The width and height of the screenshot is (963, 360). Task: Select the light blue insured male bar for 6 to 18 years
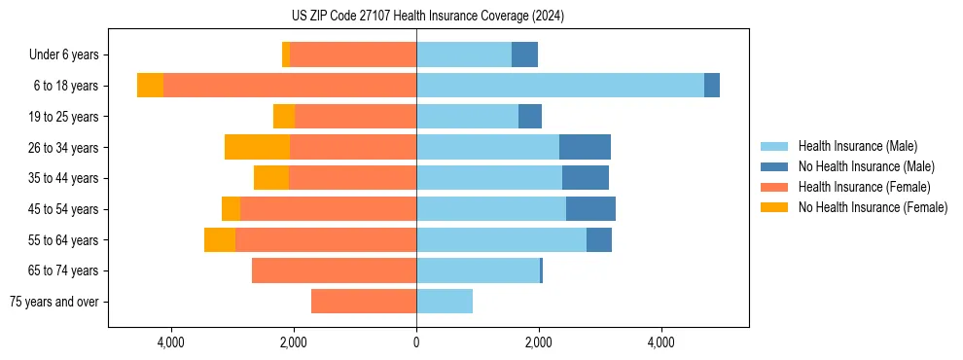(559, 86)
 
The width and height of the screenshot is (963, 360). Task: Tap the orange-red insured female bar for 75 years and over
(364, 302)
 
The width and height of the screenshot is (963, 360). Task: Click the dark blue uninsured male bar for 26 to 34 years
(585, 147)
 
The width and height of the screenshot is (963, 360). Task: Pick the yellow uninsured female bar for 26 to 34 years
(257, 147)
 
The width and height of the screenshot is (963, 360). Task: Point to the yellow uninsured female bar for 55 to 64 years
(220, 239)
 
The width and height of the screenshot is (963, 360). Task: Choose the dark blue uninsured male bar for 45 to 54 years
(590, 209)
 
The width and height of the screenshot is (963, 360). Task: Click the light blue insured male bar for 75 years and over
(445, 302)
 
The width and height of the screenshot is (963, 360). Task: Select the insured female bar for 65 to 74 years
(334, 270)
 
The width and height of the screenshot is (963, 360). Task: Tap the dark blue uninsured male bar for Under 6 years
(524, 54)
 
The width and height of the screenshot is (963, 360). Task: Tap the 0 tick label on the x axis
(416, 342)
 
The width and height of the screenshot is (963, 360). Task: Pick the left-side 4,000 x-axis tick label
(171, 342)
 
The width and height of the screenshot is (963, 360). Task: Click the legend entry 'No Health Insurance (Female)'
(873, 207)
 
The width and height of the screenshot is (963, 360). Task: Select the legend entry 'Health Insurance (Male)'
(858, 146)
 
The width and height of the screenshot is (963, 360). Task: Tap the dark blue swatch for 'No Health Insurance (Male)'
(775, 166)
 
